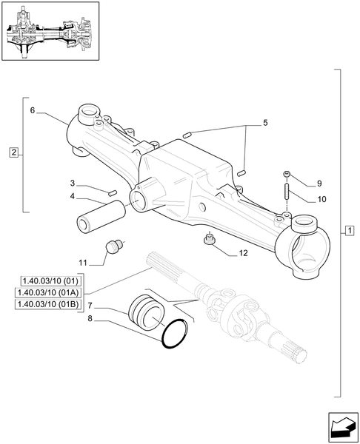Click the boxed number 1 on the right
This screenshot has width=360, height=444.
(x=348, y=232)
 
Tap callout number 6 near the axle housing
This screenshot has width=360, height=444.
(x=33, y=110)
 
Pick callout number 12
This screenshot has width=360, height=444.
(x=243, y=252)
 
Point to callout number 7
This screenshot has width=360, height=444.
(x=90, y=306)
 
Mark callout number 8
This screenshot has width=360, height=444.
(x=90, y=319)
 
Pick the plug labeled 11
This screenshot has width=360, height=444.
(x=114, y=246)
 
